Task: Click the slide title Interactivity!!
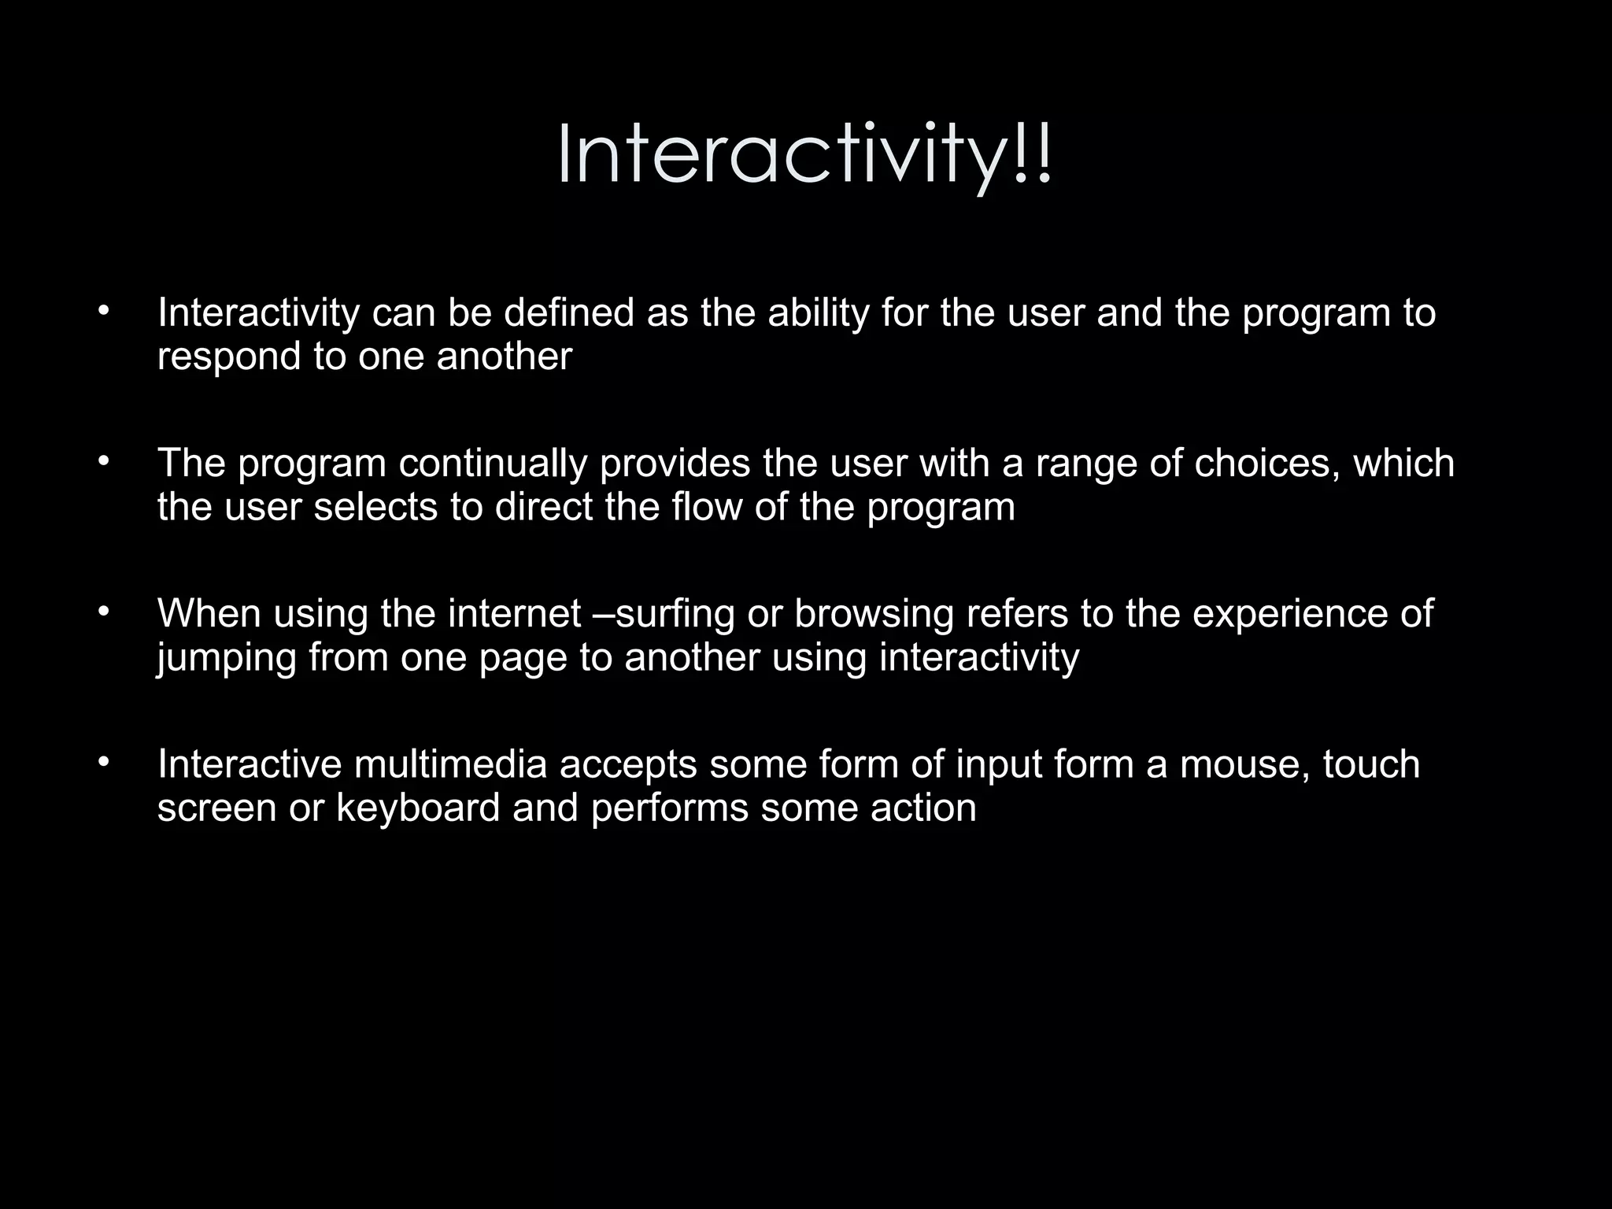coord(804,156)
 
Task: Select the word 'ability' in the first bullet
coord(818,312)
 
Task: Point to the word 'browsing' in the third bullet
coord(874,613)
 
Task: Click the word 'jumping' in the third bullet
coord(226,658)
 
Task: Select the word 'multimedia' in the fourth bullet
coord(450,764)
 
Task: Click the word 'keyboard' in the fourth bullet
coord(418,808)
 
